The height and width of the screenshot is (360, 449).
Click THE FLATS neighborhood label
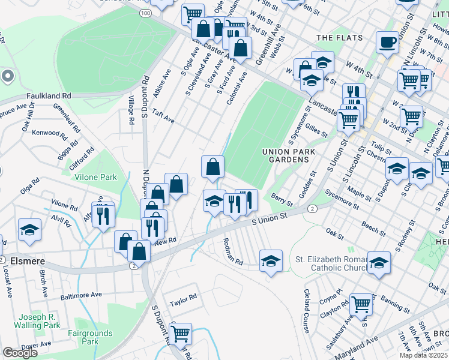click(x=340, y=37)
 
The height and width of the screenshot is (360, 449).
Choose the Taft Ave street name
click(x=163, y=116)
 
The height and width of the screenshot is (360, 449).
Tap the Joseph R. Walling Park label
click(x=40, y=321)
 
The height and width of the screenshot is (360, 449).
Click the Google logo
click(x=20, y=352)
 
